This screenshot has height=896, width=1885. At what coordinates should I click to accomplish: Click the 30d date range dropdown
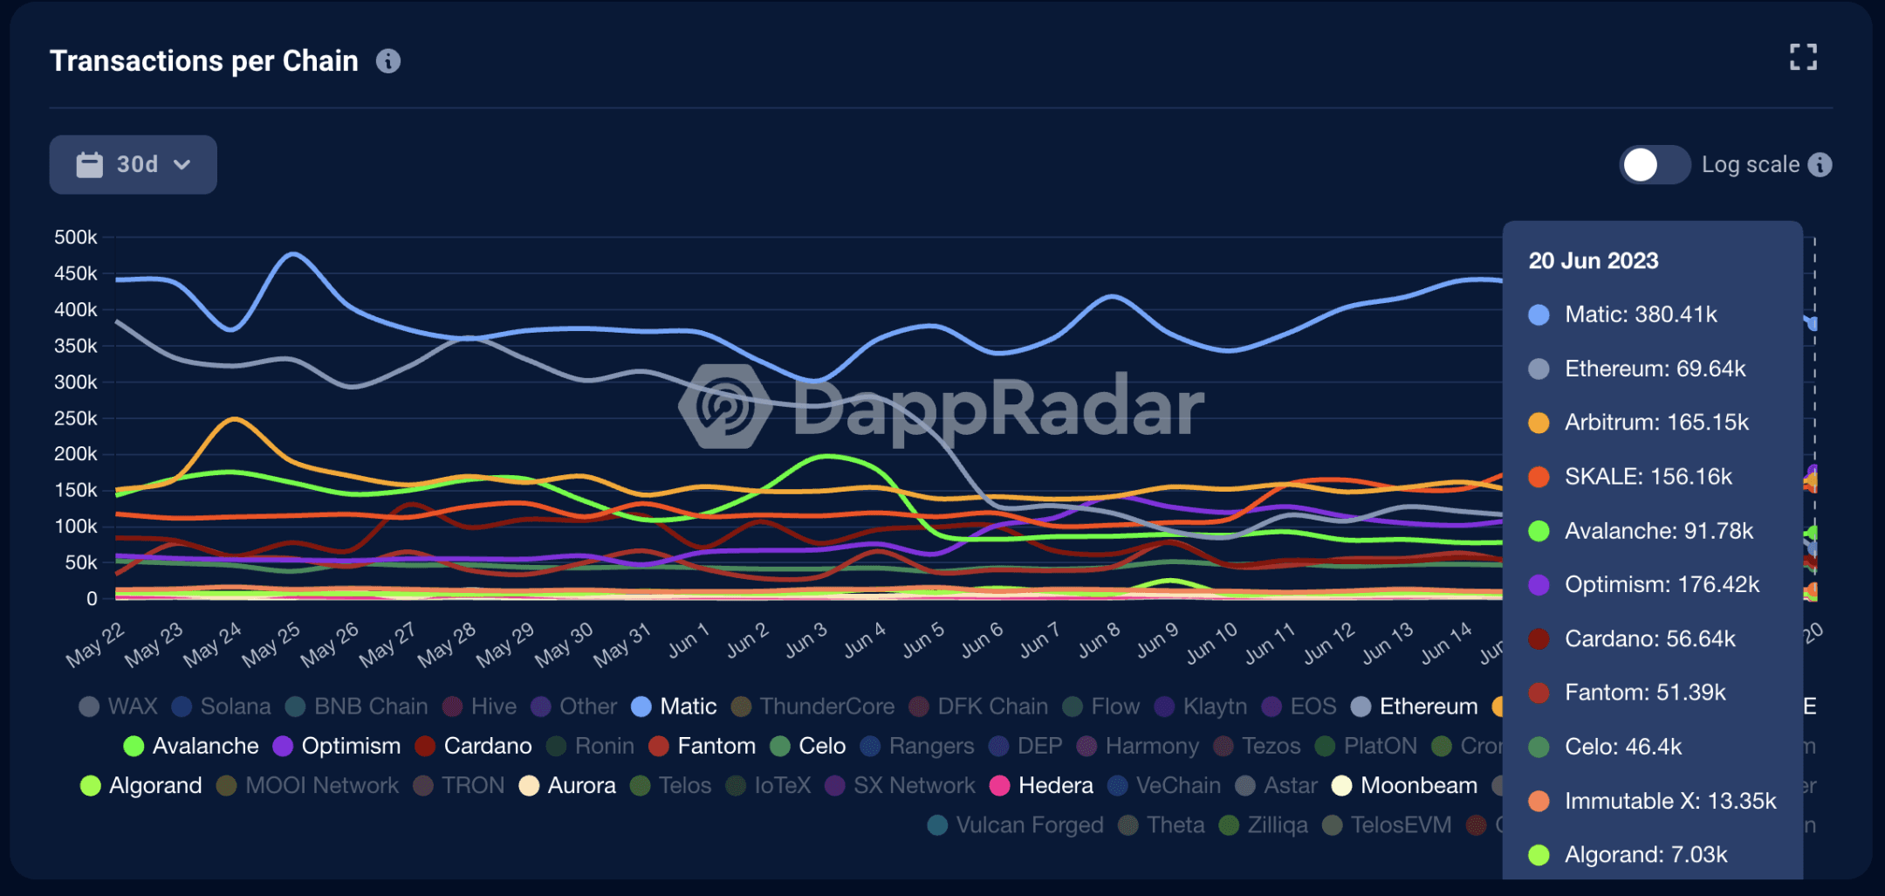[133, 164]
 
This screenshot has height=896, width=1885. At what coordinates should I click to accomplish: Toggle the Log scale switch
[1654, 165]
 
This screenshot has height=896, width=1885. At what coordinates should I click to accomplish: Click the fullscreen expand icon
[1802, 58]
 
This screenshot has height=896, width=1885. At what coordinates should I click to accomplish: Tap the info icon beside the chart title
[388, 61]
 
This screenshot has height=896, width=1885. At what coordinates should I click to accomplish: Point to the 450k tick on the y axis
[76, 274]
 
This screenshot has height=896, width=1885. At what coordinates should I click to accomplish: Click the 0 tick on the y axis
[92, 599]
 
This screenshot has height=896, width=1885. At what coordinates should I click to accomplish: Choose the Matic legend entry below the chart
[675, 706]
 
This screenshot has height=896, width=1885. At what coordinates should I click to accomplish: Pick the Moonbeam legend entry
[1406, 786]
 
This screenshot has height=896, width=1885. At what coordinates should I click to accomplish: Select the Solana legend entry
[222, 706]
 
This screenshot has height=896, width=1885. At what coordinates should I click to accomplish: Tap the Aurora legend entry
[568, 786]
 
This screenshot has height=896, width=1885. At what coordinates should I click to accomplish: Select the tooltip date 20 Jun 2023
[1594, 261]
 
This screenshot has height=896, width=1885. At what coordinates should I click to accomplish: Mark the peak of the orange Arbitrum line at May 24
[234, 419]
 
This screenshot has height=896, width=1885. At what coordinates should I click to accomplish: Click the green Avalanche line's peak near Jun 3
[827, 456]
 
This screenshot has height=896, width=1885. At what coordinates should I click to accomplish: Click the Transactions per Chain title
[204, 61]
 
